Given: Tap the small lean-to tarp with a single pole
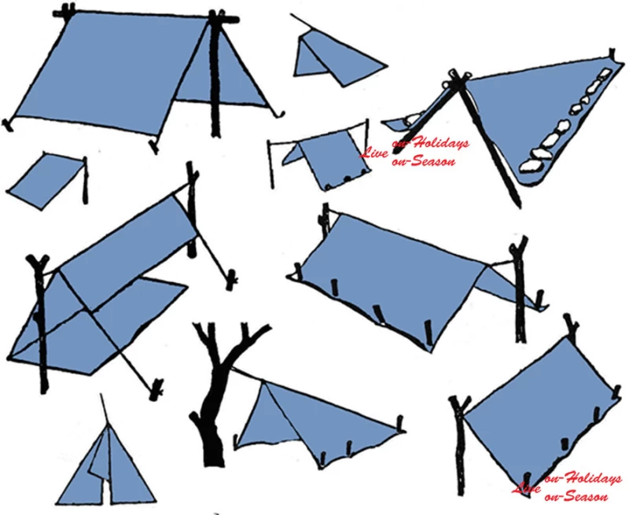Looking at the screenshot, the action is (47, 181).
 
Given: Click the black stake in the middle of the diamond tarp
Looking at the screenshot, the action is (565, 443).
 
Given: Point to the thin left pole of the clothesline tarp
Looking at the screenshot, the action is (271, 164).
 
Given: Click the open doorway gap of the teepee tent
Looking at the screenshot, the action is (106, 490).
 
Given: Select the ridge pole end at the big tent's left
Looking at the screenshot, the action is (64, 11).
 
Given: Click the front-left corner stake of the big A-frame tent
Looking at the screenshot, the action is (7, 125).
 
